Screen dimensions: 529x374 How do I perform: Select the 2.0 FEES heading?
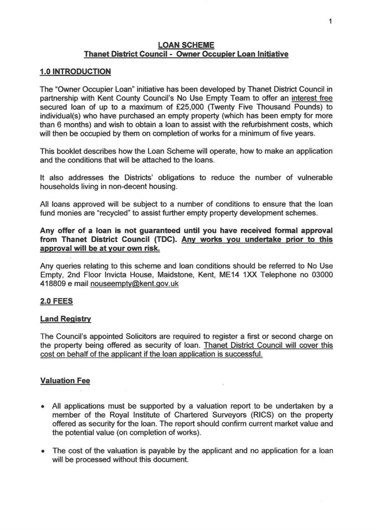55,301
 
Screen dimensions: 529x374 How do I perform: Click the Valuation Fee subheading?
65,381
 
